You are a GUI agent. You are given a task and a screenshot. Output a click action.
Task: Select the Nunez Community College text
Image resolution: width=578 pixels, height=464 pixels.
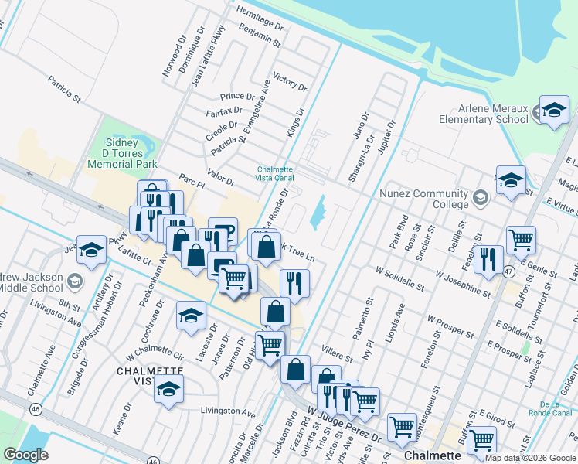click(424, 199)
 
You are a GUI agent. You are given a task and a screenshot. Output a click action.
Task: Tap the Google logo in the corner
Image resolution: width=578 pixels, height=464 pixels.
click(25, 455)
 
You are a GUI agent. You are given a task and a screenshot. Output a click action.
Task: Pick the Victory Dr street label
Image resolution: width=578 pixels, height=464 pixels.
click(290, 81)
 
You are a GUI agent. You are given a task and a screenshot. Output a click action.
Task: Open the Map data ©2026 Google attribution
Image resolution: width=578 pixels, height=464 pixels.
click(529, 458)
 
